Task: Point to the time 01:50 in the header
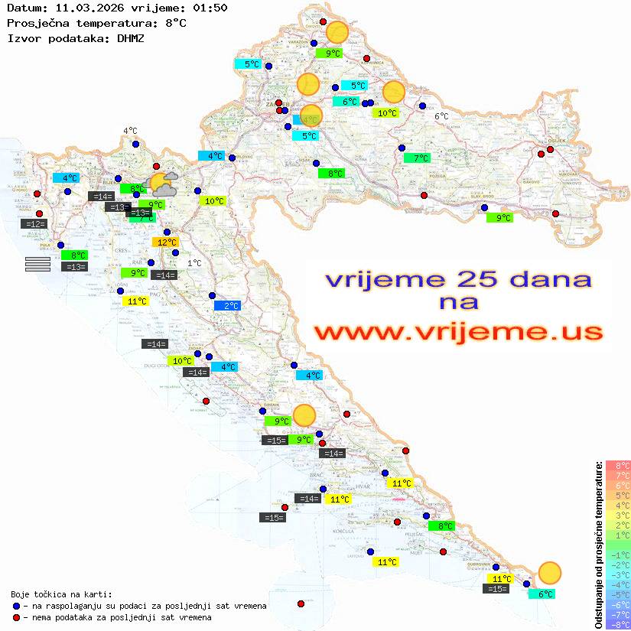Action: pos(210,8)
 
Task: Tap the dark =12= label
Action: pos(34,224)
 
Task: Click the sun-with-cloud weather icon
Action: pos(163,183)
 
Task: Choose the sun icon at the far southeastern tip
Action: pos(549,573)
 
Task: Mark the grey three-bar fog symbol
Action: pos(37,264)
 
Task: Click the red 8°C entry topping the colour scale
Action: pos(618,465)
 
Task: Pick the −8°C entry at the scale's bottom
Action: pos(618,625)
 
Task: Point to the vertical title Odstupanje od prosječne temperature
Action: pos(598,545)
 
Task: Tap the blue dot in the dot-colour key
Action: pos(17,606)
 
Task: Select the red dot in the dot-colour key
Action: pos(17,617)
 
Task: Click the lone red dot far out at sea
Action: pos(301,604)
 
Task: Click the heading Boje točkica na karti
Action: pos(61,594)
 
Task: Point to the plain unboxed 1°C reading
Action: pos(194,263)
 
